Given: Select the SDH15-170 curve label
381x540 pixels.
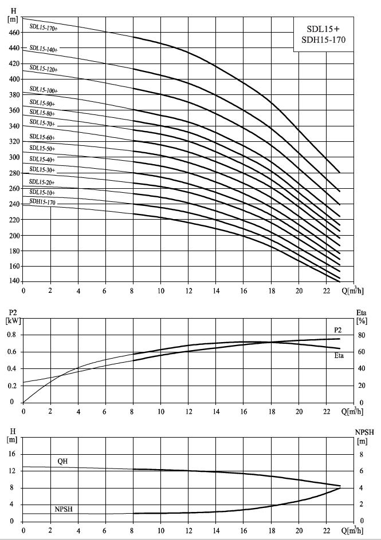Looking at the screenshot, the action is click(42, 202).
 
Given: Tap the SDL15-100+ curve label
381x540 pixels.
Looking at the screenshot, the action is click(44, 90).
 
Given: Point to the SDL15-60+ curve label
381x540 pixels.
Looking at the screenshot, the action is click(42, 137).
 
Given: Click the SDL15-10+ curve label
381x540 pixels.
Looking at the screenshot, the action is click(42, 192).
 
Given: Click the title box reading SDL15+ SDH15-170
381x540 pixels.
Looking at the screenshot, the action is click(323, 34).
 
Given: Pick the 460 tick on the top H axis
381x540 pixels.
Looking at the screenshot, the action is click(14, 33).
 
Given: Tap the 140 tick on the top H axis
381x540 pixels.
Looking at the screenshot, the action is click(14, 281).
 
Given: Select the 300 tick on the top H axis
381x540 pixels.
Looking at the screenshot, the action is click(14, 157).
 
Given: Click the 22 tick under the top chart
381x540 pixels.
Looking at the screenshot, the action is click(327, 291).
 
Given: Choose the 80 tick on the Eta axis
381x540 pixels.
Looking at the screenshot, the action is click(362, 335).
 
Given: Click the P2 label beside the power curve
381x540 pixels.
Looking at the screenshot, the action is click(338, 330).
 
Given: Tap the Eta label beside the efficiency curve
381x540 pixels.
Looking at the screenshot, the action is click(339, 355).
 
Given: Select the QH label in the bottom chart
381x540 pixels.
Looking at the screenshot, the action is click(63, 461).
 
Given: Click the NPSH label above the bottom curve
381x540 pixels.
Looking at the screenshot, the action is click(64, 509).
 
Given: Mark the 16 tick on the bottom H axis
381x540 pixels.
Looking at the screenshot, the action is click(12, 454).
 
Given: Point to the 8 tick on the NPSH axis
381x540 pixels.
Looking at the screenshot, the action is click(362, 455).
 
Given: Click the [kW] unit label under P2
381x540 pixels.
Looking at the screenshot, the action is click(13, 320).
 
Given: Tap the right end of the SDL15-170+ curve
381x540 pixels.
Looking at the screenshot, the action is click(340, 173).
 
